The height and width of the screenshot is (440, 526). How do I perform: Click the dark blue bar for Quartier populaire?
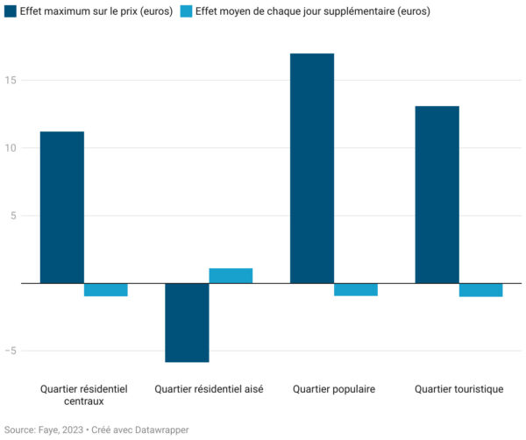[312, 168]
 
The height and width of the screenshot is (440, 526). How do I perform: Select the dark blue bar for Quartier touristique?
[437, 195]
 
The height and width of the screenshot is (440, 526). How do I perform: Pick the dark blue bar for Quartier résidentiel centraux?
[62, 207]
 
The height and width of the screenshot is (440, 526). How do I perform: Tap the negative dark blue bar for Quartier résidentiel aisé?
[187, 323]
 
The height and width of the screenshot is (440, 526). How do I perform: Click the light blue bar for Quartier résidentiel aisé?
[231, 275]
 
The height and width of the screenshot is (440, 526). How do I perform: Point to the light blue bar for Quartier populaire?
[356, 289]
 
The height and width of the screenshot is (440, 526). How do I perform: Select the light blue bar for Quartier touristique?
[480, 290]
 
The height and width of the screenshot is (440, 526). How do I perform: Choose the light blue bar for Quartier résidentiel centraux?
[106, 289]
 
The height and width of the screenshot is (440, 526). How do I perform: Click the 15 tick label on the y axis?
[11, 81]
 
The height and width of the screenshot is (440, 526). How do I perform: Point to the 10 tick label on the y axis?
[11, 148]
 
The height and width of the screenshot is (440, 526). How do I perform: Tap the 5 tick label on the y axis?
[14, 216]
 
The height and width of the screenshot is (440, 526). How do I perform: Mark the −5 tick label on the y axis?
[11, 351]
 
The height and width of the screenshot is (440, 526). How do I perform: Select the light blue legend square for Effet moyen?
[185, 12]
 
